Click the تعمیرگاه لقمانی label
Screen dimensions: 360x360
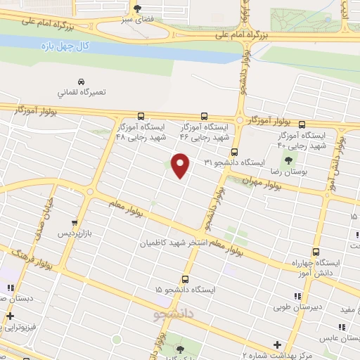[x=82, y=92]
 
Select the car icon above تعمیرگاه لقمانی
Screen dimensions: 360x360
[x=82, y=80]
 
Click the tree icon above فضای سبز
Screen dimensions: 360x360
[x=136, y=8]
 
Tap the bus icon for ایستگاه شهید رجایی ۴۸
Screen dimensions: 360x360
[x=141, y=116]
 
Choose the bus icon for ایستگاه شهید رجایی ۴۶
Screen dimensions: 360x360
[x=205, y=116]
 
